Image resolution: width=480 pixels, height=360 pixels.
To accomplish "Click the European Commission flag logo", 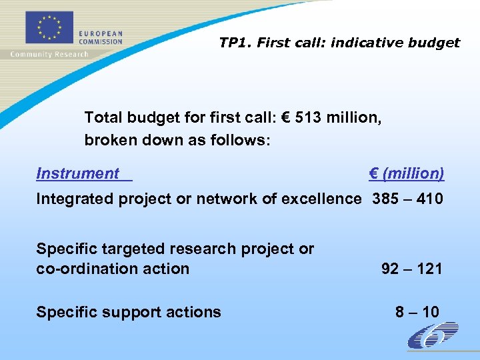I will tap(48, 27).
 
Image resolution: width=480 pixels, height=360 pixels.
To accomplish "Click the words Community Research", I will tap(49, 54).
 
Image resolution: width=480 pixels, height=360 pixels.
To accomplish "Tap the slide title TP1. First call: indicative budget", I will tap(339, 43).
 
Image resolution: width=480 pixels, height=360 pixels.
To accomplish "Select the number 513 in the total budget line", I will tap(303, 117).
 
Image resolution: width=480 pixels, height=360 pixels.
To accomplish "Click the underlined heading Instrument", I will tap(78, 173).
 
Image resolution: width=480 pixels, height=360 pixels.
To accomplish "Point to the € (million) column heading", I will tap(406, 173).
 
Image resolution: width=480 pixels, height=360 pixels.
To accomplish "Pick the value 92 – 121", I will tap(411, 269).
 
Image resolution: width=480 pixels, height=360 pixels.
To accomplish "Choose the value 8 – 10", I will tap(417, 311).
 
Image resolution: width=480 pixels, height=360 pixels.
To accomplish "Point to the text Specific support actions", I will tap(129, 311).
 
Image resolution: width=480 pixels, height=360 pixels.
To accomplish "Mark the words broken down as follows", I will tap(177, 141).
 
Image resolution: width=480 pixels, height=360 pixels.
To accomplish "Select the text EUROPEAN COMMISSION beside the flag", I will tap(101, 37).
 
